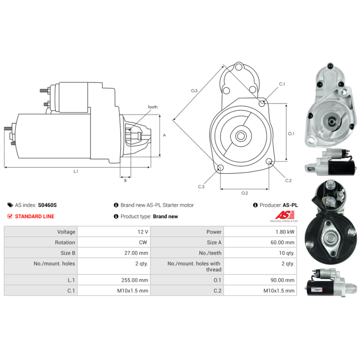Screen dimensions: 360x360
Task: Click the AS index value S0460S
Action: click(x=47, y=205)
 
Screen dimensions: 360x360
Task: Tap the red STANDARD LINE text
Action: click(x=35, y=216)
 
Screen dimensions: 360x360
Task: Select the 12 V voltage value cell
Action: click(x=143, y=232)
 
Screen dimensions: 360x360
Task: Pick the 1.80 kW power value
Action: click(x=287, y=232)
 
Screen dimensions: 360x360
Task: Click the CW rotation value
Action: click(x=144, y=242)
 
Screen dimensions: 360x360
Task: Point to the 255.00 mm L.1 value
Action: click(x=137, y=280)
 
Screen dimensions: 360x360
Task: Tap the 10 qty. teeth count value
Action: click(x=287, y=253)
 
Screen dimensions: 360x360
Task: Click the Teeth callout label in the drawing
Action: click(x=153, y=107)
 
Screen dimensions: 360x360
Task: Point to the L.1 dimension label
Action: click(x=76, y=171)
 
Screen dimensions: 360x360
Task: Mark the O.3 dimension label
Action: click(x=194, y=91)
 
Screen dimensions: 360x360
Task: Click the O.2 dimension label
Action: click(x=244, y=193)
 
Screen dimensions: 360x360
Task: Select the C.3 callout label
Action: click(x=201, y=186)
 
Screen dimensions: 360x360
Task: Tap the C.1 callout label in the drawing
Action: click(x=282, y=84)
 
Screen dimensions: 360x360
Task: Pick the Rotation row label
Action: click(x=66, y=242)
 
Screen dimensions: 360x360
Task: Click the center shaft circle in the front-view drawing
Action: click(x=240, y=135)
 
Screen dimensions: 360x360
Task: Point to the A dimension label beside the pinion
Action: click(x=164, y=135)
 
